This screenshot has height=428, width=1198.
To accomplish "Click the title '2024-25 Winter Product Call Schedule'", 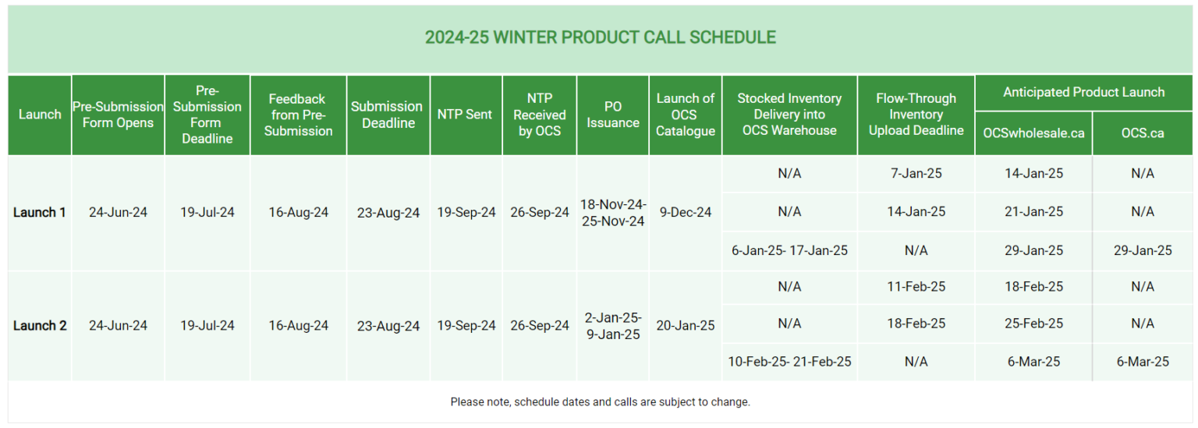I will [x=600, y=37].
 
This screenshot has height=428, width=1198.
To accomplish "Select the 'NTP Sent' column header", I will [x=465, y=115].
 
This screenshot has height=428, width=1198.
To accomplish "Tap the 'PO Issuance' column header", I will [x=612, y=115].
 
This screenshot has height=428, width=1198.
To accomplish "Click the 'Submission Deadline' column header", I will [x=388, y=115].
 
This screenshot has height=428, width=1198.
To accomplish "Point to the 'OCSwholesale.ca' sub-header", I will [x=1033, y=133].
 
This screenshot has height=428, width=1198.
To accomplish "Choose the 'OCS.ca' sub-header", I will [x=1142, y=133].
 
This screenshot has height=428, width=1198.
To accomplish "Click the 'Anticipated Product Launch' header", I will [x=1083, y=92].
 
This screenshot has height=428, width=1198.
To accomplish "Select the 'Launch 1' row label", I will [x=39, y=212].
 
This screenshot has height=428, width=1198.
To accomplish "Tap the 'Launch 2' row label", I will [x=39, y=326].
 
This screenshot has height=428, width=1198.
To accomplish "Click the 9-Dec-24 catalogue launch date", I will [x=685, y=212].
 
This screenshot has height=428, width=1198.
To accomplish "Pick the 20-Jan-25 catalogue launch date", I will [x=685, y=326].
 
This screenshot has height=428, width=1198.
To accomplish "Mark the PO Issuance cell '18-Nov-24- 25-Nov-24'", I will [x=612, y=212].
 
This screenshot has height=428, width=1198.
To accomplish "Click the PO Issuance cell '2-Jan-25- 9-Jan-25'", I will [x=612, y=326].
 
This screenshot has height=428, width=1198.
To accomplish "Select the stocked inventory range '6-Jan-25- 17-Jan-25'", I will [x=789, y=251].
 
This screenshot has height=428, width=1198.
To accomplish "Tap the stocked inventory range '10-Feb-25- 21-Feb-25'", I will [x=789, y=362].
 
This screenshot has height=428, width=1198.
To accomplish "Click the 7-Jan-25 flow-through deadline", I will [x=916, y=173].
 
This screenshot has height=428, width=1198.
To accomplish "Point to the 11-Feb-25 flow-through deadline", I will [x=916, y=287].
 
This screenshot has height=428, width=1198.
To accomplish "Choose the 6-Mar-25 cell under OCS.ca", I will [x=1142, y=362].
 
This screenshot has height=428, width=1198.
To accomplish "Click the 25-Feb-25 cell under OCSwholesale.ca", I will [x=1033, y=324].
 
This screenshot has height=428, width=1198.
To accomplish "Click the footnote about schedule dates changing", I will [x=600, y=402].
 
